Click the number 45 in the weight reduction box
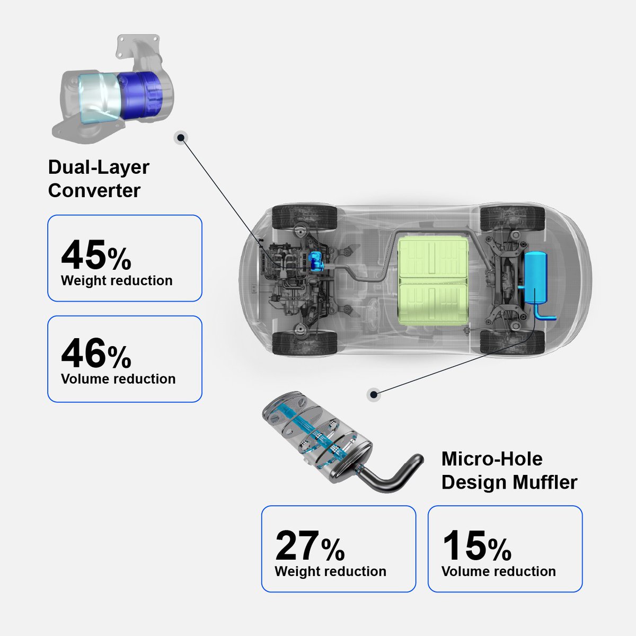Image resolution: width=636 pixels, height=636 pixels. click(x=83, y=255)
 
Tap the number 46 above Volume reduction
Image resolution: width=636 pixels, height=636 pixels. click(x=83, y=353)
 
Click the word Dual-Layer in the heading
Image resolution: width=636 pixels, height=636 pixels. click(x=99, y=167)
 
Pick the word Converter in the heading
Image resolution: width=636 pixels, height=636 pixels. click(x=94, y=191)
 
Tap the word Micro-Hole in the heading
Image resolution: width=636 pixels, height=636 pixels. click(x=492, y=459)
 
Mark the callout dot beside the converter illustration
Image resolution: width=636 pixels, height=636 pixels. click(x=181, y=138)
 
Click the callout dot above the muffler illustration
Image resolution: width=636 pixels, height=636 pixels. click(x=374, y=394)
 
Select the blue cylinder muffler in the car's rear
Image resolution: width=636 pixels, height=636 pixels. click(x=535, y=277)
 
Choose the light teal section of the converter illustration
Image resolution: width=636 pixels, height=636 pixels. click(x=99, y=98)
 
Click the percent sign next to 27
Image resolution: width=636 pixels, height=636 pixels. click(x=333, y=550)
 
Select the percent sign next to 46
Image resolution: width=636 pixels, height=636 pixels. click(x=119, y=357)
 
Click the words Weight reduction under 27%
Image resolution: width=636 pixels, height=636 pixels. click(x=330, y=572)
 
